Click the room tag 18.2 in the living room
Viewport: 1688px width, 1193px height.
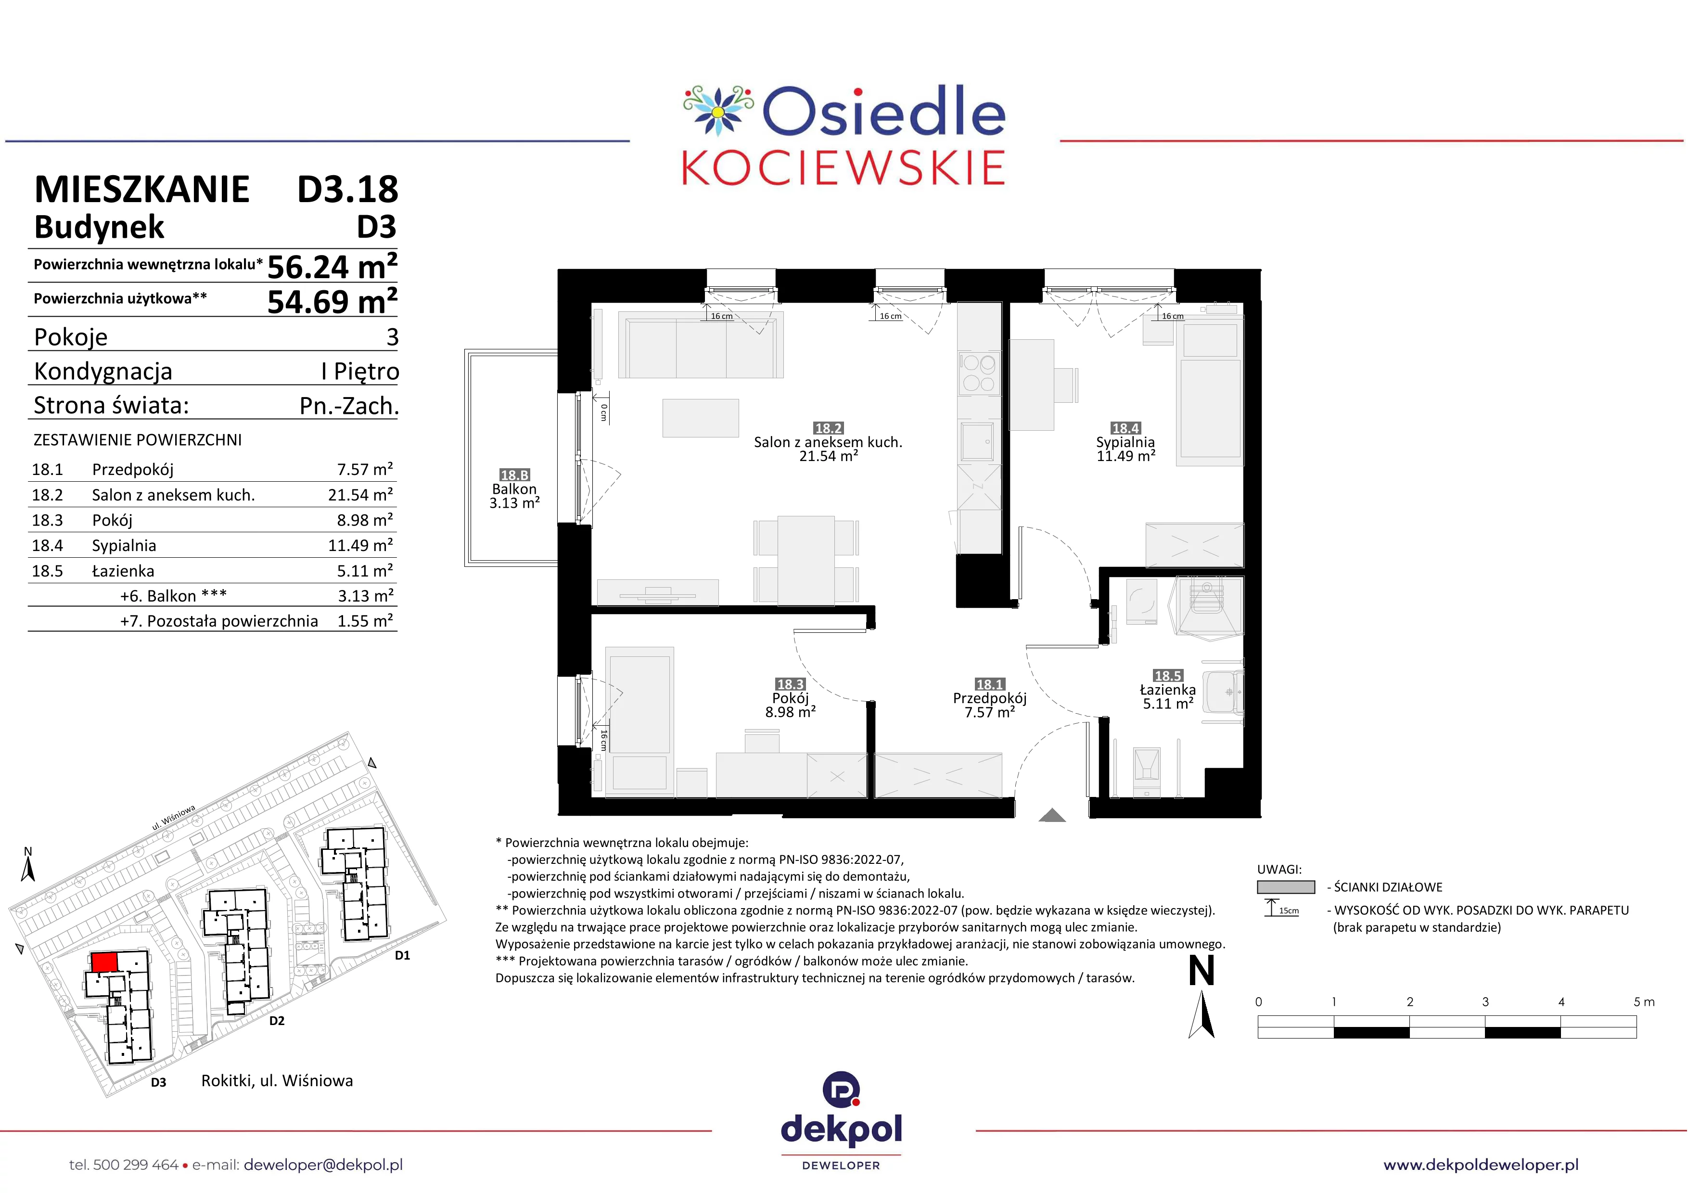pyautogui.click(x=828, y=428)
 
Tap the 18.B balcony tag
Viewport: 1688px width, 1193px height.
pyautogui.click(x=515, y=475)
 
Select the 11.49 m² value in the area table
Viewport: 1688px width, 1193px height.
pyautogui.click(x=360, y=545)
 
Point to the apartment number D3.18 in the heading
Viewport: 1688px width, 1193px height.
pyautogui.click(x=348, y=190)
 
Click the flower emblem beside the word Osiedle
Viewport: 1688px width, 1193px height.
pyautogui.click(x=718, y=110)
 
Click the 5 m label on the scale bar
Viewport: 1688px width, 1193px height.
pyautogui.click(x=1644, y=1002)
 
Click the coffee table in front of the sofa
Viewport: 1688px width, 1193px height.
pyautogui.click(x=701, y=418)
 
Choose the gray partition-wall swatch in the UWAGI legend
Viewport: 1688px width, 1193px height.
pyautogui.click(x=1286, y=887)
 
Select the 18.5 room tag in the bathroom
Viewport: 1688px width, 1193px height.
pyautogui.click(x=1167, y=676)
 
